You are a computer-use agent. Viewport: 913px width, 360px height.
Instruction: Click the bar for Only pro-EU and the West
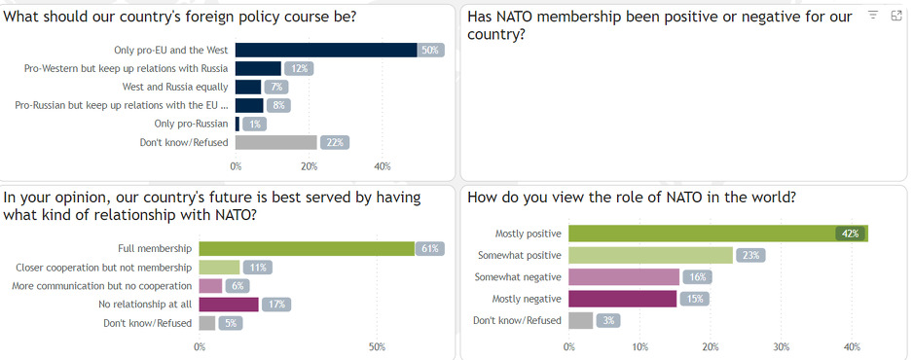(x=326, y=50)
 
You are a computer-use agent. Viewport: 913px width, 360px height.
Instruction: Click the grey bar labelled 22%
(x=275, y=142)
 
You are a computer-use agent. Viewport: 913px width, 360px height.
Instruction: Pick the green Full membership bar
(x=307, y=248)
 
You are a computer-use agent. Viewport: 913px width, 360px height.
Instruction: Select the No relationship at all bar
(x=229, y=305)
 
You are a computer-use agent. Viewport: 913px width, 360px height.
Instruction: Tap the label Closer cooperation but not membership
(x=104, y=267)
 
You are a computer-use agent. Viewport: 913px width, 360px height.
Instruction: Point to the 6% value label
(x=237, y=286)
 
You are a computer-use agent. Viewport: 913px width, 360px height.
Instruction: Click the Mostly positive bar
(x=701, y=233)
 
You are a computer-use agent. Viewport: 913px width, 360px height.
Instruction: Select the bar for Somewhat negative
(x=623, y=276)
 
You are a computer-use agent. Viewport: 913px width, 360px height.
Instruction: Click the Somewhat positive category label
(x=519, y=255)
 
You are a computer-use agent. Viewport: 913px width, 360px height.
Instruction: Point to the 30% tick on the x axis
(x=782, y=346)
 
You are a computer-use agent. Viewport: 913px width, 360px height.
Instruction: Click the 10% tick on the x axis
(x=639, y=346)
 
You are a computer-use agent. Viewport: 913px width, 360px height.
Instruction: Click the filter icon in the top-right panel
(x=873, y=16)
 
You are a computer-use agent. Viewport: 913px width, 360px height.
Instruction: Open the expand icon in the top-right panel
(x=895, y=16)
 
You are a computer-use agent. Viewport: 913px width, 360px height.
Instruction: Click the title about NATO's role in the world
(x=632, y=198)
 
